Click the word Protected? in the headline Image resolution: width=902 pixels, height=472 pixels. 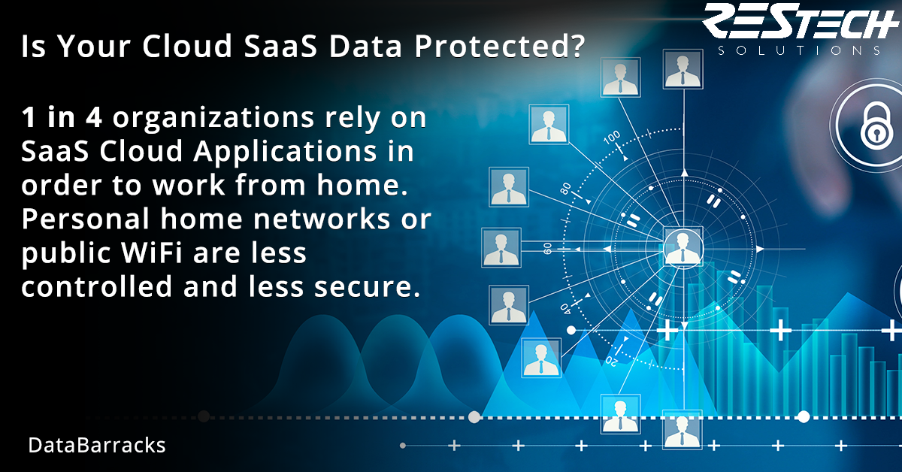(499, 46)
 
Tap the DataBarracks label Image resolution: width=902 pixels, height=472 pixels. (97, 446)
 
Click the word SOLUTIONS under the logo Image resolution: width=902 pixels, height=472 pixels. (799, 50)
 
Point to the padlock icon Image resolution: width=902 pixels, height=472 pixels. (876, 126)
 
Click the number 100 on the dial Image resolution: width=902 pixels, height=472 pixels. (612, 138)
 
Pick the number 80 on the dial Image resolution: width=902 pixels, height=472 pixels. (566, 189)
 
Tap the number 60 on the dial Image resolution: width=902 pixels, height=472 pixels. (548, 249)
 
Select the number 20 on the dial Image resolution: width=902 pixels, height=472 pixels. (612, 361)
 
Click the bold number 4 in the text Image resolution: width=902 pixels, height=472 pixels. (93, 117)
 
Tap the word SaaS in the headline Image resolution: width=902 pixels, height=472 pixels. (280, 46)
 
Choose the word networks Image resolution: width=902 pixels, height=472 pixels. (322, 219)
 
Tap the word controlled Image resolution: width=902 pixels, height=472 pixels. (97, 287)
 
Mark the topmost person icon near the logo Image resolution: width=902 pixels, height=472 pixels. (683, 69)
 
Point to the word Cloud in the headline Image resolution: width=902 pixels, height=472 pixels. (187, 46)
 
